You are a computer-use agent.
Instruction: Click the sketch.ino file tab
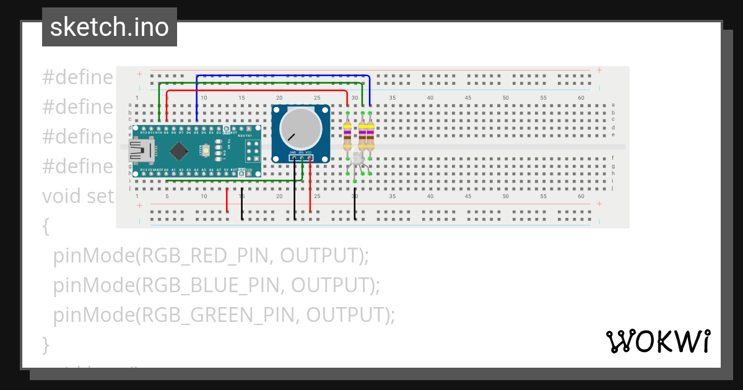tap(110, 28)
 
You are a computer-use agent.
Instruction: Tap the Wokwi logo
tap(658, 341)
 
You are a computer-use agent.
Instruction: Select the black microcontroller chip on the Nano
tap(179, 150)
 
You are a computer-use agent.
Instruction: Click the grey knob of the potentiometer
tap(300, 128)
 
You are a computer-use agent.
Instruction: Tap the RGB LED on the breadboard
tap(358, 160)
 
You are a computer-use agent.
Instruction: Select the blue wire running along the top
tap(279, 76)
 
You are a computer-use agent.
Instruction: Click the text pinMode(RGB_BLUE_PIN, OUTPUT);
tap(216, 285)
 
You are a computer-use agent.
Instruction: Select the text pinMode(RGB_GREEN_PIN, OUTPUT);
tap(224, 314)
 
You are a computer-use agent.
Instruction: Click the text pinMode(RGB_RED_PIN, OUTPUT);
tap(211, 255)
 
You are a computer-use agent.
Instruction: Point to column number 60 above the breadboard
tap(581, 98)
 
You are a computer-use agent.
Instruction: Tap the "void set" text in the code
tap(78, 196)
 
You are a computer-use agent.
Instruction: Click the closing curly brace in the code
tap(45, 344)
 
